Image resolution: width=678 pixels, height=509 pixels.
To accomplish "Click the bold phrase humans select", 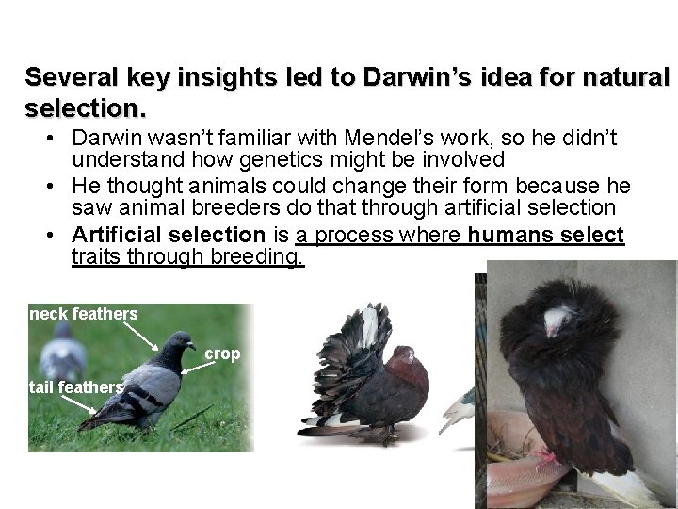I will [x=546, y=234].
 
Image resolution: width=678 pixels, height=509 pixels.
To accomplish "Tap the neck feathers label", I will [x=84, y=314].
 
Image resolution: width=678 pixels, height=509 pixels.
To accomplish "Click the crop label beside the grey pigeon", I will [x=223, y=353].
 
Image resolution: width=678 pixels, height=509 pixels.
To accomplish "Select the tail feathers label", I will [x=76, y=387].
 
